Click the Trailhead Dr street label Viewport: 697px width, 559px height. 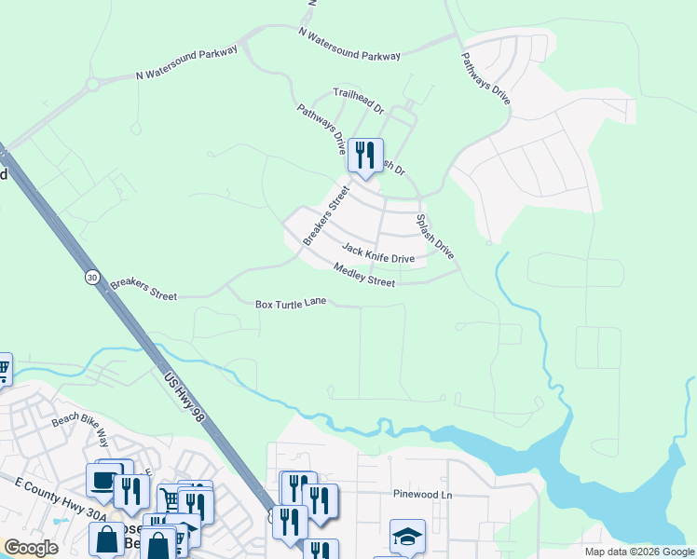pos(359,101)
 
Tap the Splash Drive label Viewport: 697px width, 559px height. pos(435,237)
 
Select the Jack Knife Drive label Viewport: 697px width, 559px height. pos(377,252)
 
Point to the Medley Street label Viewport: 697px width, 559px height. pos(364,275)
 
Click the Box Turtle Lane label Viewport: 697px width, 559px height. pos(291,304)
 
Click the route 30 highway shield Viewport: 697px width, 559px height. pos(91,277)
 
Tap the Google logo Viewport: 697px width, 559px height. pos(31,548)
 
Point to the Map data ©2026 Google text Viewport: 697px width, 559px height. pos(639,552)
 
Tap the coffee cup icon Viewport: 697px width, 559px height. pos(102,480)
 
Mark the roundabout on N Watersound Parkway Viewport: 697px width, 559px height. pos(92,85)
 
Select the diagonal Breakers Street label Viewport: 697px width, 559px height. pos(325,215)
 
